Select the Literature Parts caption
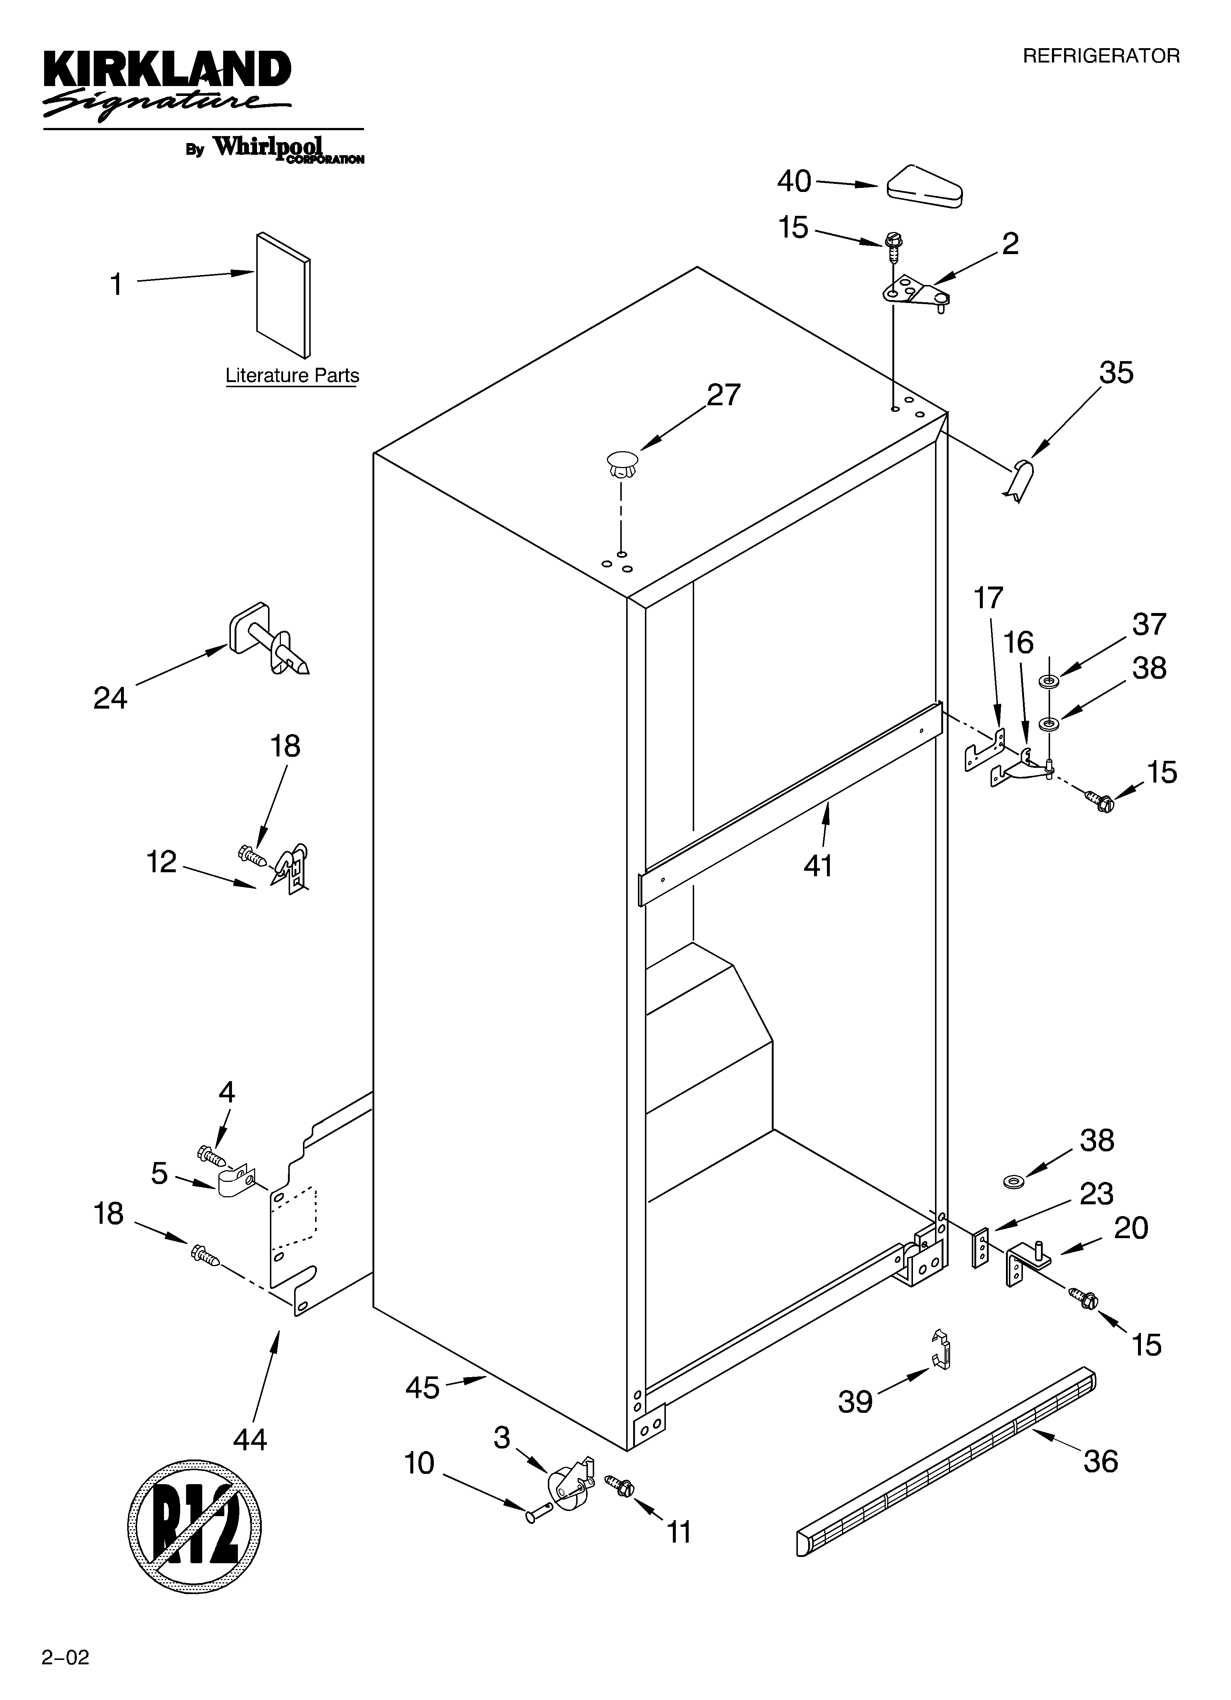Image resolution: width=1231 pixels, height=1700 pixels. [292, 375]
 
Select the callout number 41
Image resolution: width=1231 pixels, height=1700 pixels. [818, 866]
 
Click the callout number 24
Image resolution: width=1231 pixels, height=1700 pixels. [110, 698]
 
